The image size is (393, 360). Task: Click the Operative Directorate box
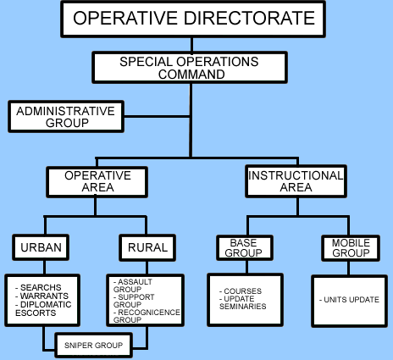click(x=193, y=19)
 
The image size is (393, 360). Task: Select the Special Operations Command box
click(x=190, y=68)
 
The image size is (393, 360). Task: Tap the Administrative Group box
click(x=66, y=117)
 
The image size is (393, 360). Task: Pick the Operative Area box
click(x=97, y=182)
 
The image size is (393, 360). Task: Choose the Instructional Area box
click(x=296, y=181)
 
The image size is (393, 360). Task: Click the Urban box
click(x=41, y=247)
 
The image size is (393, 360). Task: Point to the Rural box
click(x=147, y=247)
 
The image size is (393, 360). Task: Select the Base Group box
click(x=245, y=247)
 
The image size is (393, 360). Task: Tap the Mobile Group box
click(x=351, y=248)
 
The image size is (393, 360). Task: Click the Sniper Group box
click(x=93, y=346)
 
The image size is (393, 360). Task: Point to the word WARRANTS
click(x=44, y=296)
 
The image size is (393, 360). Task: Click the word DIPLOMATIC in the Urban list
click(x=46, y=304)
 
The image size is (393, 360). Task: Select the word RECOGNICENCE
click(x=149, y=313)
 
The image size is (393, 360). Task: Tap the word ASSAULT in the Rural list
click(x=135, y=282)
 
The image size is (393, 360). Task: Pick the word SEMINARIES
click(x=242, y=307)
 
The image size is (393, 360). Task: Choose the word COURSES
click(x=242, y=291)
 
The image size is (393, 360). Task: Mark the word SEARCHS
click(x=41, y=287)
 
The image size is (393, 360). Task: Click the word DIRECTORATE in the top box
click(x=249, y=18)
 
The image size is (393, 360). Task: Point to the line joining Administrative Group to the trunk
click(x=157, y=116)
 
